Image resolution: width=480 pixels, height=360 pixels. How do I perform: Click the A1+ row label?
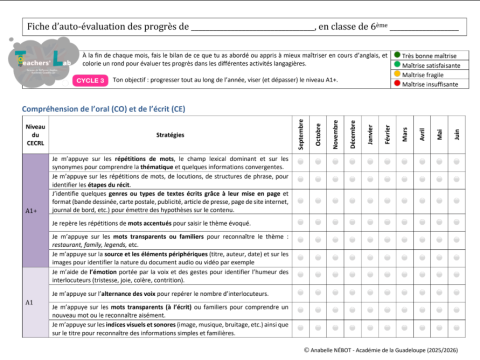(31, 211)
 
